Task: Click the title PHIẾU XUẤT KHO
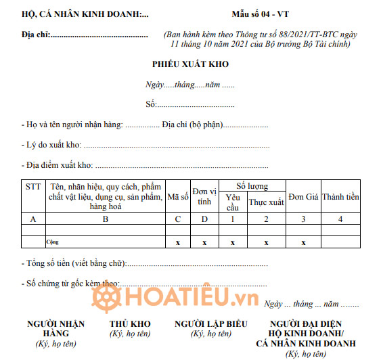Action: pyautogui.click(x=190, y=64)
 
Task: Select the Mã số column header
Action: pyautogui.click(x=178, y=197)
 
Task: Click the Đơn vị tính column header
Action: pyautogui.click(x=204, y=196)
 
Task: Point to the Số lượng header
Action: pyautogui.click(x=252, y=185)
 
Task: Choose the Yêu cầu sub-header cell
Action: pyautogui.click(x=232, y=202)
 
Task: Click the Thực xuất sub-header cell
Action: pyautogui.click(x=266, y=202)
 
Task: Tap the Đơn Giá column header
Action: pyautogui.click(x=303, y=197)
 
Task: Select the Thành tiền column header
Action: pyautogui.click(x=340, y=197)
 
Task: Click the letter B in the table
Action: pyautogui.click(x=105, y=219)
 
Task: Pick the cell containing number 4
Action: pyautogui.click(x=340, y=219)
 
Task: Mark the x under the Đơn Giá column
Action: pyautogui.click(x=303, y=242)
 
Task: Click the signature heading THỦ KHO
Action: pyautogui.click(x=130, y=324)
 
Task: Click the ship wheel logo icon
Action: pyautogui.click(x=104, y=298)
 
